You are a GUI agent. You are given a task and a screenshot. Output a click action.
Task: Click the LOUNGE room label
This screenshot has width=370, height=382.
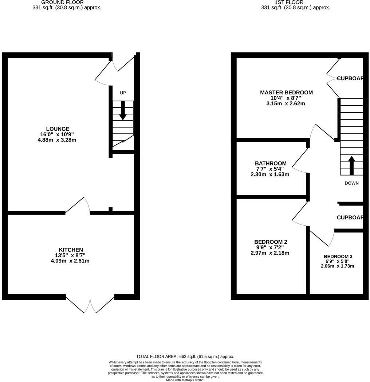point(58,129)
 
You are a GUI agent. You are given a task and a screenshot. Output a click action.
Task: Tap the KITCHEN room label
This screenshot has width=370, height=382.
point(71,250)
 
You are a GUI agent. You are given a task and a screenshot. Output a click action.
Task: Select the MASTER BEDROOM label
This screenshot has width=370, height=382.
point(286,93)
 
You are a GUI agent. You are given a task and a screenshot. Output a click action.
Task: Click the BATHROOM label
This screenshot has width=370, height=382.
point(271,163)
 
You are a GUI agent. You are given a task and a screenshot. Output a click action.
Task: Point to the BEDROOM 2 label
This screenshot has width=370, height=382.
point(271,242)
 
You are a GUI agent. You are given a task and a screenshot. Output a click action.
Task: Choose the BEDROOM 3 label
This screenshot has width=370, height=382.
point(338,256)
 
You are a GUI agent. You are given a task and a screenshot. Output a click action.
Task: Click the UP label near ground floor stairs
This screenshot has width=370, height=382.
point(123,93)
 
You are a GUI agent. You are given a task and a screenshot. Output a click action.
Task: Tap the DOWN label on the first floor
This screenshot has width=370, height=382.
point(351,183)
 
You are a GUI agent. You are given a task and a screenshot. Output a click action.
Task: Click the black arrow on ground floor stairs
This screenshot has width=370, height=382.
point(123,110)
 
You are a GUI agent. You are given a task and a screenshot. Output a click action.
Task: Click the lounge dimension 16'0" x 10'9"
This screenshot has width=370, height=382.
point(57,135)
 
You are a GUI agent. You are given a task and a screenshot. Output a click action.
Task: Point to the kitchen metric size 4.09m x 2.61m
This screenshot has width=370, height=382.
point(71,261)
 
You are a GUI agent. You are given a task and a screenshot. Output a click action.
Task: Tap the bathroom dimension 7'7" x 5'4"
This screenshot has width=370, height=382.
point(271,169)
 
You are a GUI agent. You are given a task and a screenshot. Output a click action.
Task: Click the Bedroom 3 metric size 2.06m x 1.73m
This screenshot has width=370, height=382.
point(337,266)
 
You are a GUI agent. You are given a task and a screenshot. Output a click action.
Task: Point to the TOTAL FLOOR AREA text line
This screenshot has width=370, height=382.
point(185,356)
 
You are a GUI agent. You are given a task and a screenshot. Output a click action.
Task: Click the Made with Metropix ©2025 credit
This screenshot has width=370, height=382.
point(185,380)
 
